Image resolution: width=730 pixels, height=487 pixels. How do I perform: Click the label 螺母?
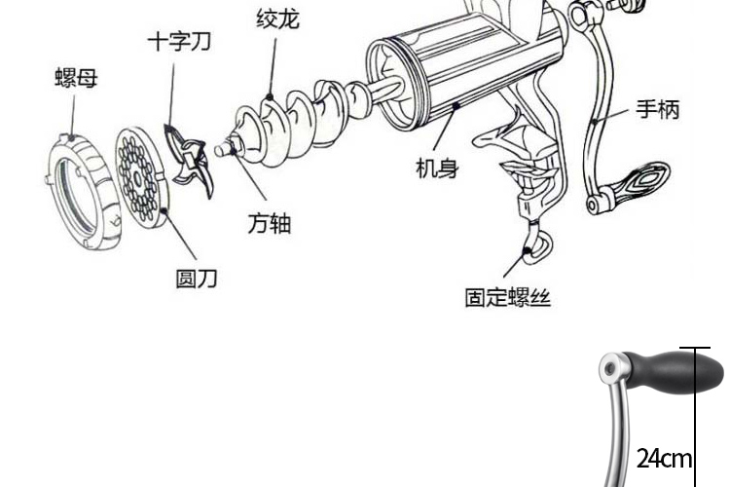tap(75, 76)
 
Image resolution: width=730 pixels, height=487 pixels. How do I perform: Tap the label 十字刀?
tap(179, 42)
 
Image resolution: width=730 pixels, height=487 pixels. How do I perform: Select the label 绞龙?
tap(277, 19)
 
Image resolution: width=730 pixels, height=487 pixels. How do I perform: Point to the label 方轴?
tap(269, 224)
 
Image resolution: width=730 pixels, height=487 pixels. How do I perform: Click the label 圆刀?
tap(196, 279)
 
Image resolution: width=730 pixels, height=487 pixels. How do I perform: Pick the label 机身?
tap(437, 168)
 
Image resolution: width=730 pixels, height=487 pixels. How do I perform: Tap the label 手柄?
tap(658, 109)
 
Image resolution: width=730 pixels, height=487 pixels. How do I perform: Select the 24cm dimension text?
tap(665, 458)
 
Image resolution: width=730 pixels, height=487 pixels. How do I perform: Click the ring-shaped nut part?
tap(77, 190)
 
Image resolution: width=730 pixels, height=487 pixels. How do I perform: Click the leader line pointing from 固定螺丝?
tap(516, 263)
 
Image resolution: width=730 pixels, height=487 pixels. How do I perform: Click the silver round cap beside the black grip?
tap(611, 368)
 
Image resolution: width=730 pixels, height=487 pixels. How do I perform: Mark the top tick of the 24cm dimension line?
tap(695, 348)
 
